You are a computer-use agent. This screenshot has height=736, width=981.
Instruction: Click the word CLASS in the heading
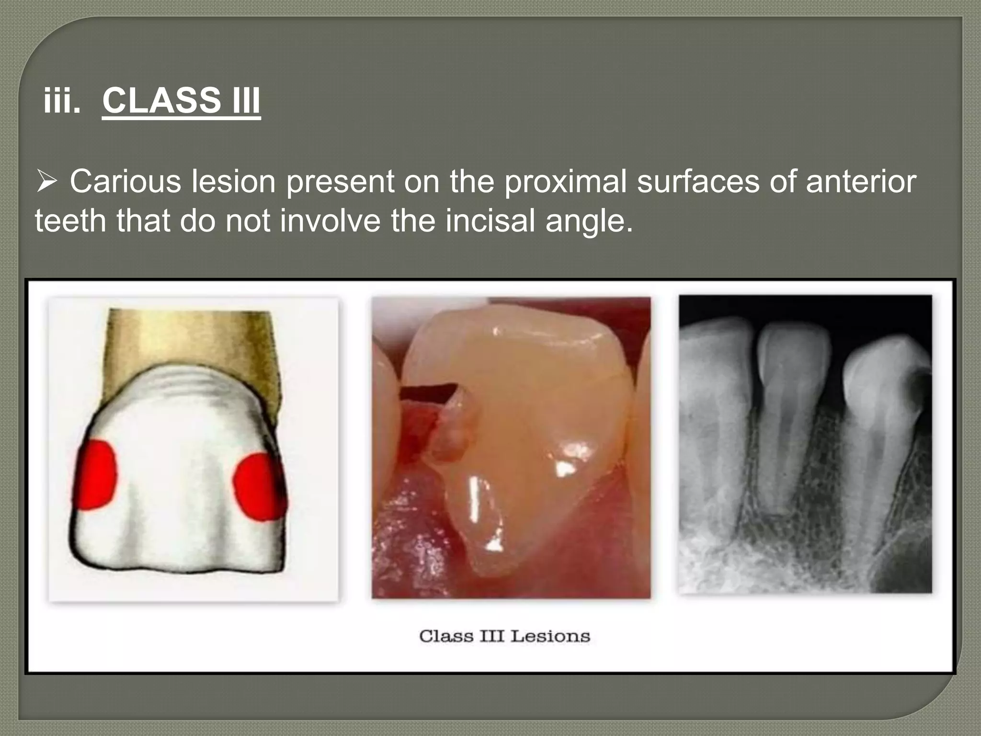pos(161,101)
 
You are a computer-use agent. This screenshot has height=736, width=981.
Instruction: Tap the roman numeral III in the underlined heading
pos(246,101)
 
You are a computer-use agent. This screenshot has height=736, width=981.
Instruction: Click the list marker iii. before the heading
pos(62,101)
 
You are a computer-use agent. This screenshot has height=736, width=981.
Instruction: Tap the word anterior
pos(861,182)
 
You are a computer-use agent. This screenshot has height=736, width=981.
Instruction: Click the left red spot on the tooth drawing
pos(96,474)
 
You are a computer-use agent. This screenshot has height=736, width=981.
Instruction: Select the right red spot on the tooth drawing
pos(259,486)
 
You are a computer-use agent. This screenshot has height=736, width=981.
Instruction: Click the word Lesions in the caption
pos(550,636)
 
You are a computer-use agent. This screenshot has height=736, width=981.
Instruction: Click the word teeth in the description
pos(70,221)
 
